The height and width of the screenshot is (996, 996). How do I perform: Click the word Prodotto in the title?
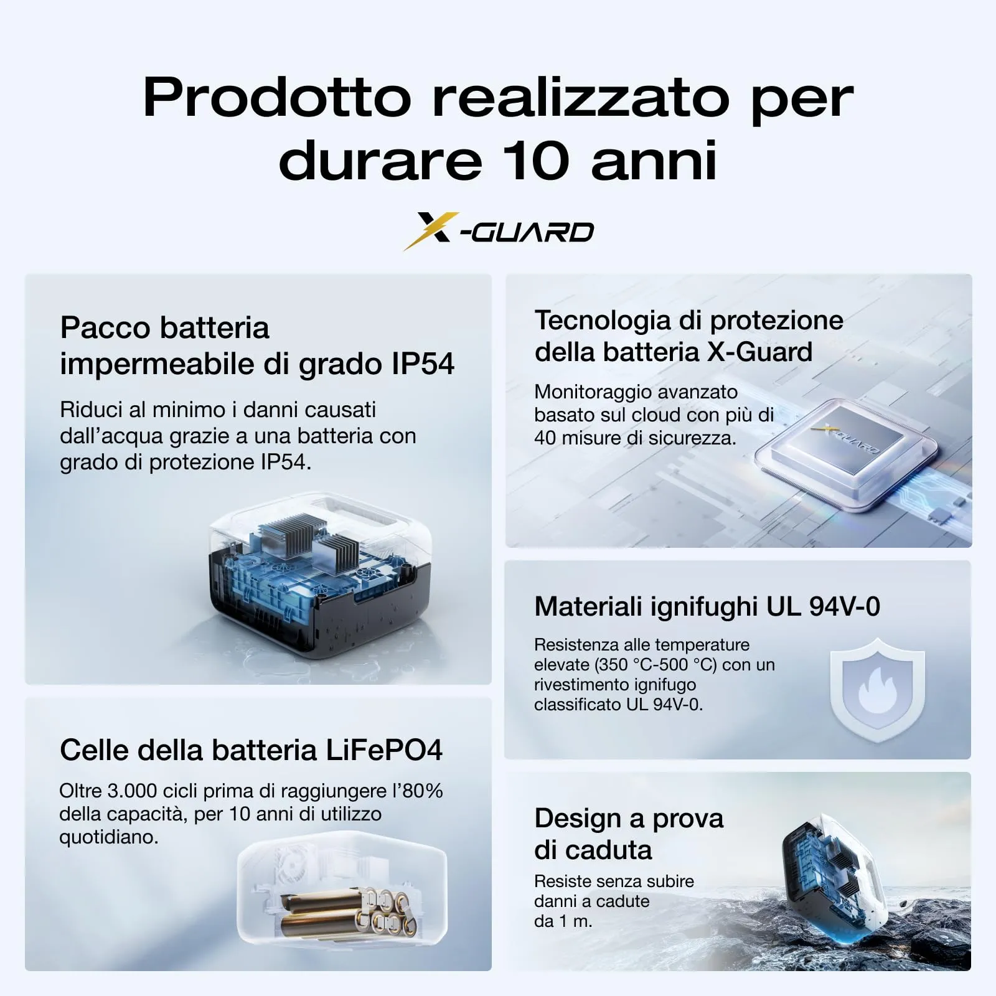(277, 98)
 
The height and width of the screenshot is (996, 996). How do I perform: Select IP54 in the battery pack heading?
(423, 364)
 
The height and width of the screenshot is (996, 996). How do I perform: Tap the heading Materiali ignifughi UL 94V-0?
(707, 606)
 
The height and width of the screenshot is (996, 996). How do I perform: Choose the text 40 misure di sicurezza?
(635, 438)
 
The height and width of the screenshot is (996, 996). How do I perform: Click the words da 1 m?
(563, 921)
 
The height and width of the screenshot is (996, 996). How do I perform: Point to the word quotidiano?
(108, 837)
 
